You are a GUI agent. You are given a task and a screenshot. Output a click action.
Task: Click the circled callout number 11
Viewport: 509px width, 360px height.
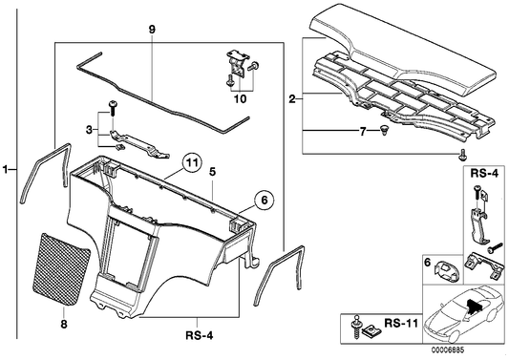click(x=192, y=163)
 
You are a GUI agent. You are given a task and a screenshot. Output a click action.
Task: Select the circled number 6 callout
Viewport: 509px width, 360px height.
click(x=264, y=201)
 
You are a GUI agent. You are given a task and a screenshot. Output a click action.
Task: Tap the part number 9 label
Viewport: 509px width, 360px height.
click(x=152, y=30)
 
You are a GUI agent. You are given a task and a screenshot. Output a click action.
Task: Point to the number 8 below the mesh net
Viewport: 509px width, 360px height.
click(x=64, y=324)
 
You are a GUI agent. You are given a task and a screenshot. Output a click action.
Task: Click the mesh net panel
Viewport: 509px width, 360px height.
click(x=61, y=268)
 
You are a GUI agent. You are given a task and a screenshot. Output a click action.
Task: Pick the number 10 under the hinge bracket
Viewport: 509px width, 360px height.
click(x=241, y=98)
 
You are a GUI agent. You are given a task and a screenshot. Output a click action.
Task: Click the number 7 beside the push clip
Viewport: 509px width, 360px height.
click(x=363, y=132)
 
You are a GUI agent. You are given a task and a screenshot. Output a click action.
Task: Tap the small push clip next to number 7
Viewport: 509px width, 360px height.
click(x=384, y=131)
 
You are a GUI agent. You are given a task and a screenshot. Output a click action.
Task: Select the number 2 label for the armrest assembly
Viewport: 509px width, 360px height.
click(x=292, y=99)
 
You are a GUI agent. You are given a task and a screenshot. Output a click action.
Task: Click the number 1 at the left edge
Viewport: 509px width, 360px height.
click(x=5, y=169)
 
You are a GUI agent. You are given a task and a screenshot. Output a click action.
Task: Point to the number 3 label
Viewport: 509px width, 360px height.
click(x=89, y=131)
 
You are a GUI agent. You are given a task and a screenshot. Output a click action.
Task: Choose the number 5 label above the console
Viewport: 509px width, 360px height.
click(x=212, y=172)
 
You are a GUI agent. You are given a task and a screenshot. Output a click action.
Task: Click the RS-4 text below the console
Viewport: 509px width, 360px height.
click(x=200, y=335)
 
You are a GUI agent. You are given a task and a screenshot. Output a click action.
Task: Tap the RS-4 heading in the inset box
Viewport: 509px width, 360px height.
click(x=484, y=174)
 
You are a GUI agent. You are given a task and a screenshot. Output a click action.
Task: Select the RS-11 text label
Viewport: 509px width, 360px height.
click(x=401, y=324)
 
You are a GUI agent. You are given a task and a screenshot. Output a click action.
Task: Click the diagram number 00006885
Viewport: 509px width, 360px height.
click(x=448, y=350)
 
